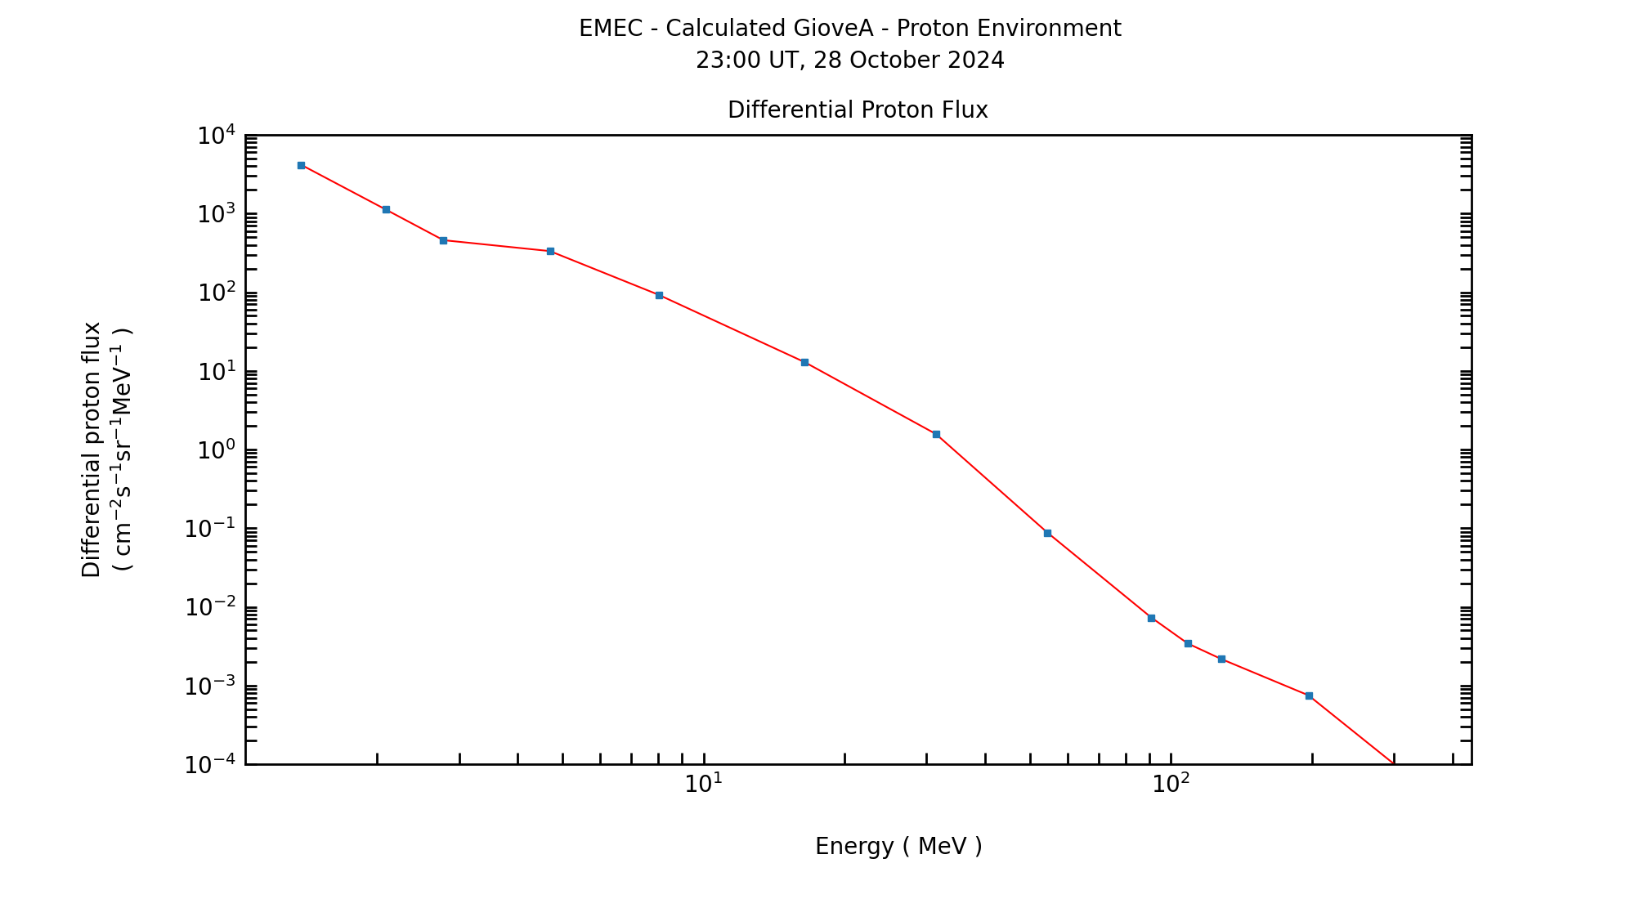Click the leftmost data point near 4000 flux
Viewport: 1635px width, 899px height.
pos(301,165)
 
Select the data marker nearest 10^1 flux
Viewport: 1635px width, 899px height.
pos(804,362)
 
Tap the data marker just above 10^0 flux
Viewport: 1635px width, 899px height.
pos(936,434)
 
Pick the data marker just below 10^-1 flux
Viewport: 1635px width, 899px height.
pos(1047,533)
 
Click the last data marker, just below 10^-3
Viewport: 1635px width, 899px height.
pos(1309,695)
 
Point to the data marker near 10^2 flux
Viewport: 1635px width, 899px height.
pos(659,295)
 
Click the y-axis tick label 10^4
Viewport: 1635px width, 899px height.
pos(216,136)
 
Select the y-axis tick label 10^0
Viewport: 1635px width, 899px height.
pos(216,450)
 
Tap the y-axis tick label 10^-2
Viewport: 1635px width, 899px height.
pos(209,607)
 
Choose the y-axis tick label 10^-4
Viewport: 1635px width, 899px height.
pos(209,765)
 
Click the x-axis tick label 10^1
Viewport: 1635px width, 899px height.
pos(703,784)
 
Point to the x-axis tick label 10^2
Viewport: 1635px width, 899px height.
pos(1171,784)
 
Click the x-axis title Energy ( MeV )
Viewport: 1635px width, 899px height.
pos(898,847)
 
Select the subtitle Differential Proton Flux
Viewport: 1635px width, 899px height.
pos(858,110)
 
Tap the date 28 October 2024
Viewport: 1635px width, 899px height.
pos(908,60)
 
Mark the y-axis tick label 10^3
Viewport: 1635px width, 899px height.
pos(216,214)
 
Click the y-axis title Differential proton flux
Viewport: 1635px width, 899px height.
pos(92,449)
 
